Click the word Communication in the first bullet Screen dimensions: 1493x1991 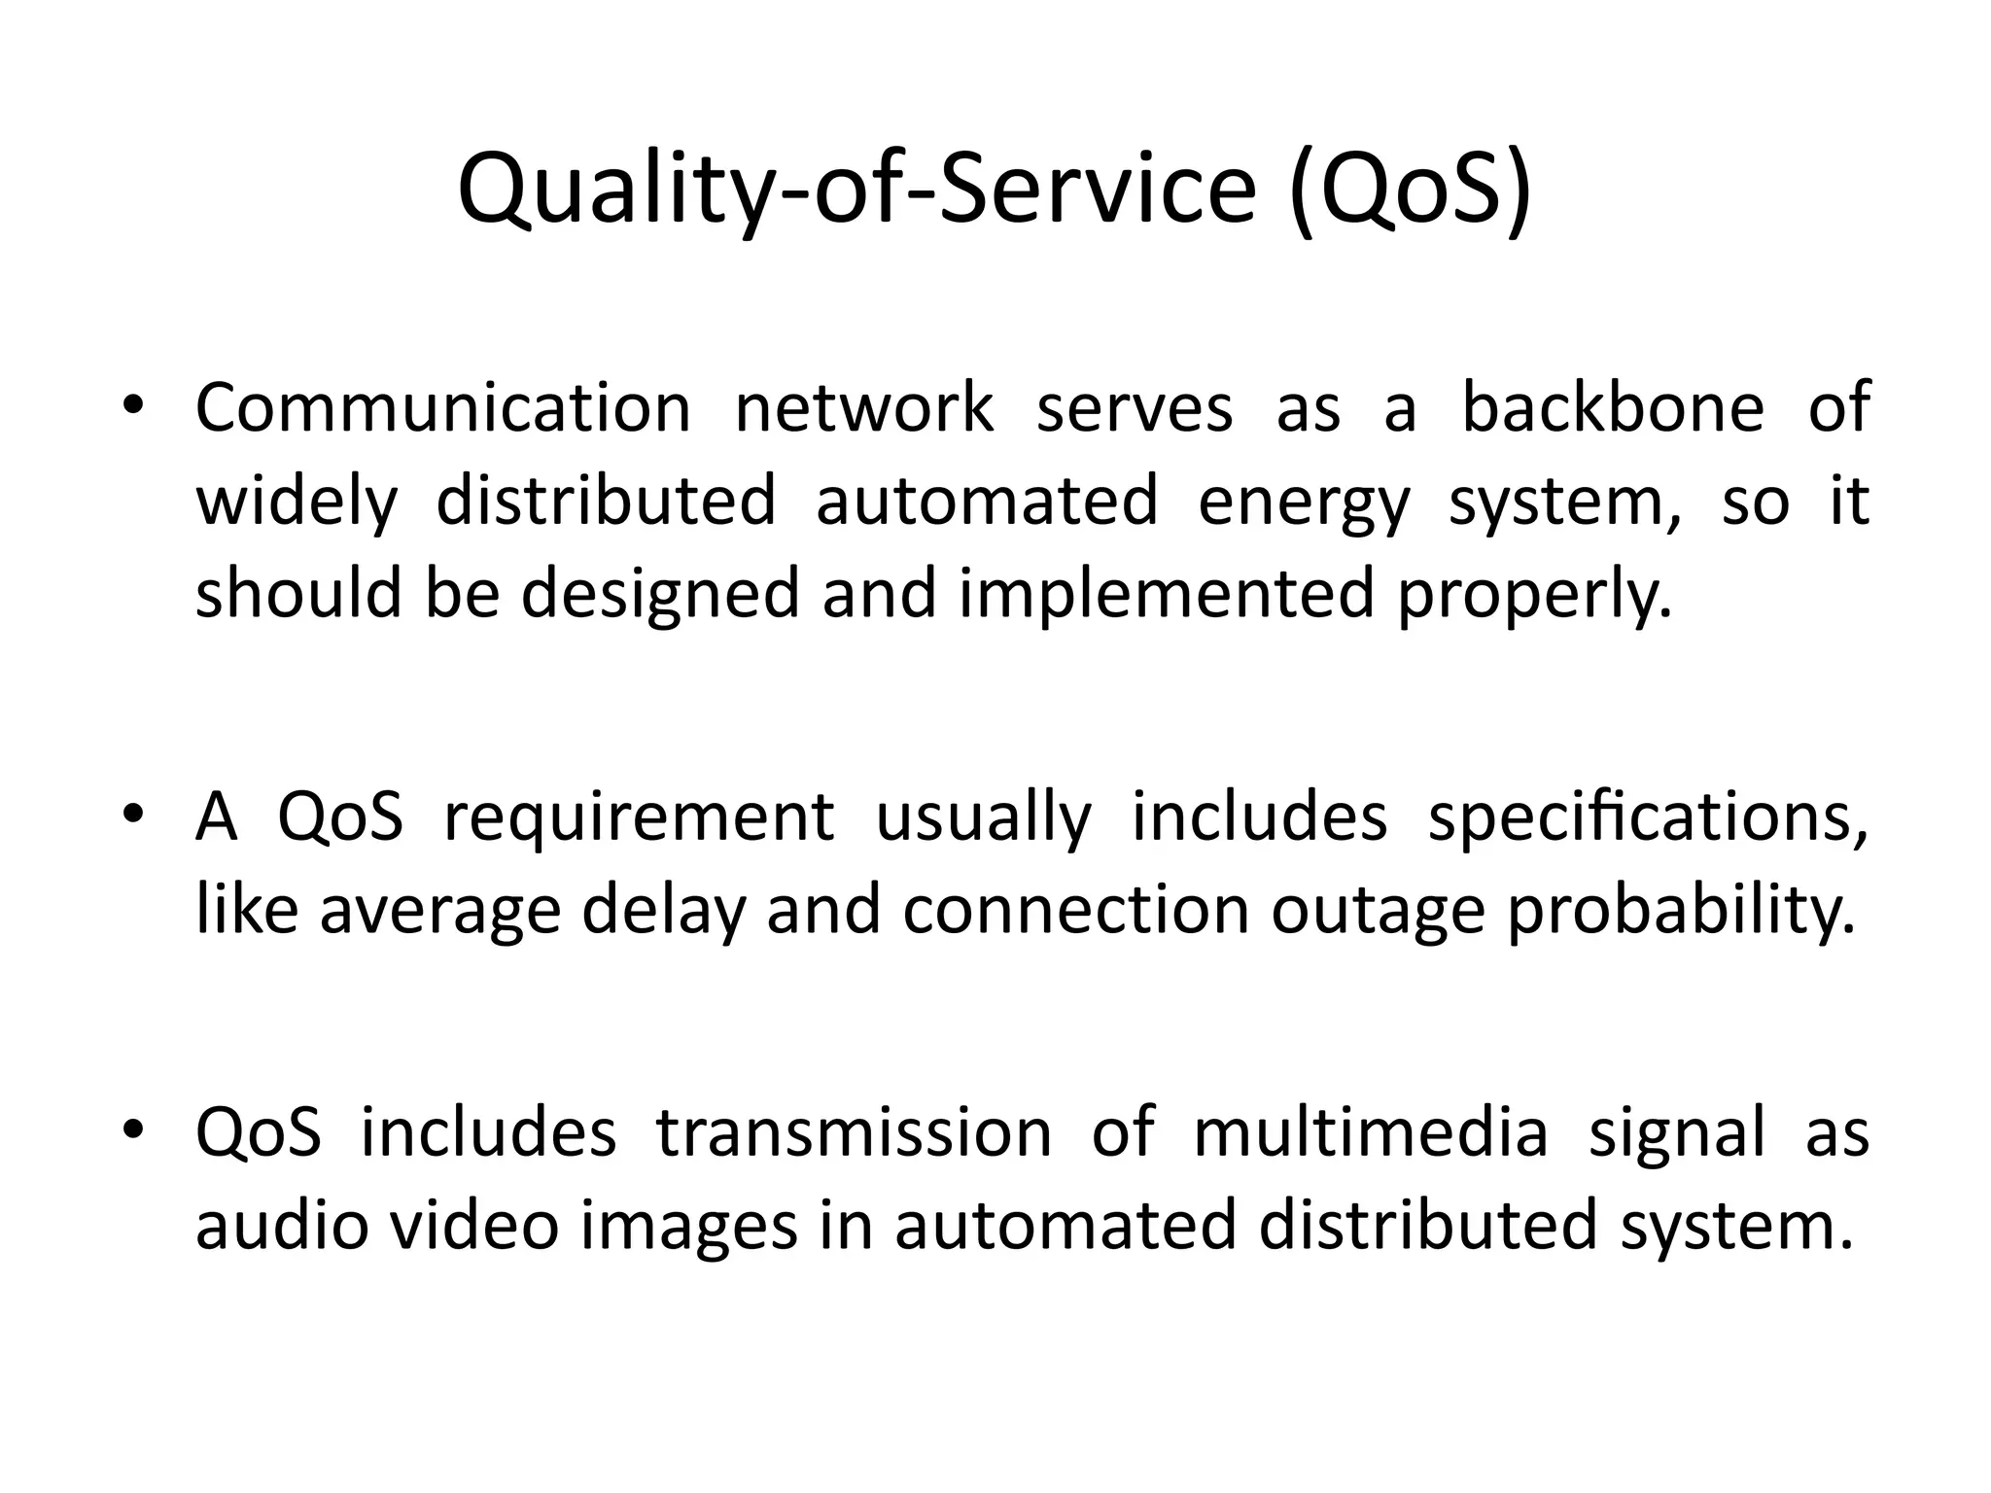click(x=442, y=408)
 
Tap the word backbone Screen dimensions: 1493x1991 click(x=1612, y=408)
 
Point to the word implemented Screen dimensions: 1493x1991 click(x=1167, y=595)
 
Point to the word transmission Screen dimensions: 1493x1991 click(x=854, y=1133)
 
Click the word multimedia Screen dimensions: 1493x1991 click(x=1370, y=1133)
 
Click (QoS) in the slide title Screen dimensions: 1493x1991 click(x=1411, y=190)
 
